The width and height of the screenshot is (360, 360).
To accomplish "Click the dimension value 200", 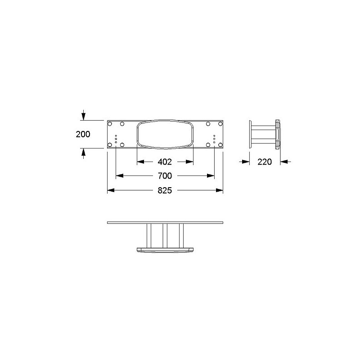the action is (x=83, y=134).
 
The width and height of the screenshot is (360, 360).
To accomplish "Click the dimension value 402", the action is (x=165, y=162).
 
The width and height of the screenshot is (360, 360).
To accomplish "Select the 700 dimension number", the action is (x=165, y=176).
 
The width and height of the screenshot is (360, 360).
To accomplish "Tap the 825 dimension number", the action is (x=165, y=190).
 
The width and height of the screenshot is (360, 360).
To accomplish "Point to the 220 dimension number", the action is (x=265, y=162).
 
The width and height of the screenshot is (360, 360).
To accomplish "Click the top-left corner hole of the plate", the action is (x=110, y=124).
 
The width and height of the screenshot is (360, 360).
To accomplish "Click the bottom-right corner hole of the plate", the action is (x=220, y=145).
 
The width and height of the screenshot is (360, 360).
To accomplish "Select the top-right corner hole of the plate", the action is (x=220, y=124).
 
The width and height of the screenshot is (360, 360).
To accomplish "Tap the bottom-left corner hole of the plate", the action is (x=110, y=145).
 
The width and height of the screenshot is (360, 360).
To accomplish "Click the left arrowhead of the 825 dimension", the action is (x=111, y=190).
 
